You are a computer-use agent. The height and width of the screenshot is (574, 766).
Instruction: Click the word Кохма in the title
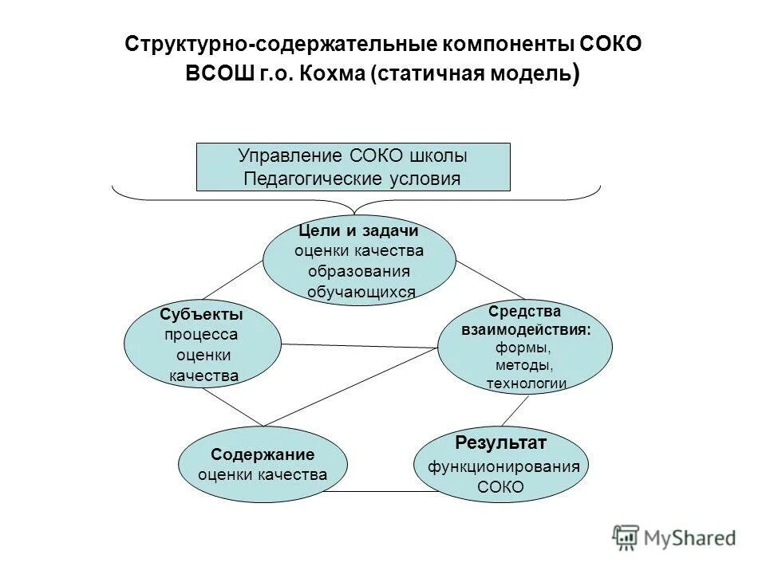click(333, 74)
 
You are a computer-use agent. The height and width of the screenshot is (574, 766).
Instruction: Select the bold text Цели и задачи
click(358, 230)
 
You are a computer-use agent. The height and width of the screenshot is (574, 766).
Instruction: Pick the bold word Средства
click(524, 310)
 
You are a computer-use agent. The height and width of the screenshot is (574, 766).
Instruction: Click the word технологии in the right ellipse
click(526, 383)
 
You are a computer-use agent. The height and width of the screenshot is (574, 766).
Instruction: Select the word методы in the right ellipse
click(524, 365)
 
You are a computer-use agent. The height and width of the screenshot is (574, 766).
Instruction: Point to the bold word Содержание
click(263, 454)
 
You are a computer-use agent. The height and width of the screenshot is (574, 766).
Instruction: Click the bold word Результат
click(501, 442)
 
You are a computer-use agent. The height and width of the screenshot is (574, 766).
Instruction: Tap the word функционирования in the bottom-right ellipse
click(503, 467)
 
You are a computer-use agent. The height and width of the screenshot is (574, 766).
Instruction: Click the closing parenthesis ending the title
click(576, 74)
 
